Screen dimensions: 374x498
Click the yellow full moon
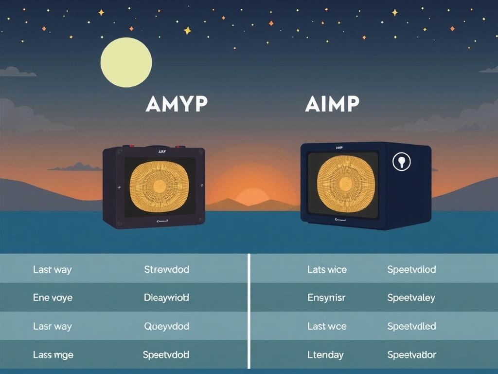point(126,62)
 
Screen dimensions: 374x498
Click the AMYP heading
point(177,104)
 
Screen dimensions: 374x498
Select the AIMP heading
point(332,104)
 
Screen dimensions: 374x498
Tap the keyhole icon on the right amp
point(401,162)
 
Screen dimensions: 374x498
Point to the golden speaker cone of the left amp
point(159,186)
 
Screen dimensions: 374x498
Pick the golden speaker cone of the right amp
point(345,184)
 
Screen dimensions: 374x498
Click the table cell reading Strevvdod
point(166,269)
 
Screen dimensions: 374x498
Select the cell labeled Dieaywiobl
point(166,298)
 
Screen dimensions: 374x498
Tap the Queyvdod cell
point(166,326)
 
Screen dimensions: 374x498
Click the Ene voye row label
point(53,298)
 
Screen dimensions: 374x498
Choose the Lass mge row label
point(53,355)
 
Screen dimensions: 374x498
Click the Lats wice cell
point(327,269)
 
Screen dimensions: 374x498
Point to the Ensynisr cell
point(326,298)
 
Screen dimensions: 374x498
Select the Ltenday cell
point(325,355)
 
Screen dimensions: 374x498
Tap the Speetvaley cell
point(411,298)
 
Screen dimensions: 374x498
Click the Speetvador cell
point(411,355)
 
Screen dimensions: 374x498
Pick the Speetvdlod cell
point(411,269)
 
